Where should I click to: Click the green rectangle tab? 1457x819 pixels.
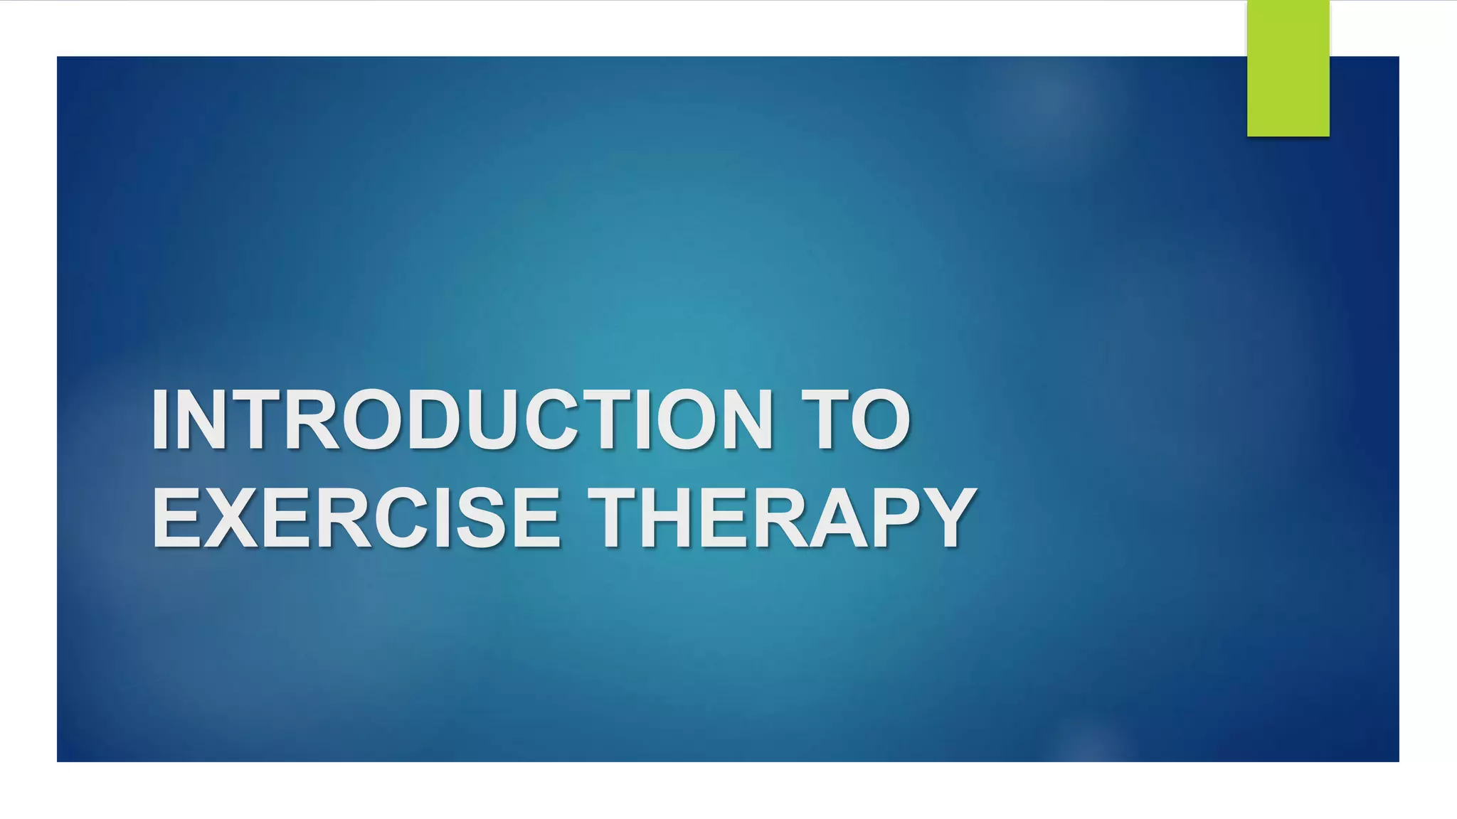[x=1288, y=68]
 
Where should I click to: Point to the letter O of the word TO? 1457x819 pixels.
[x=881, y=420]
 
